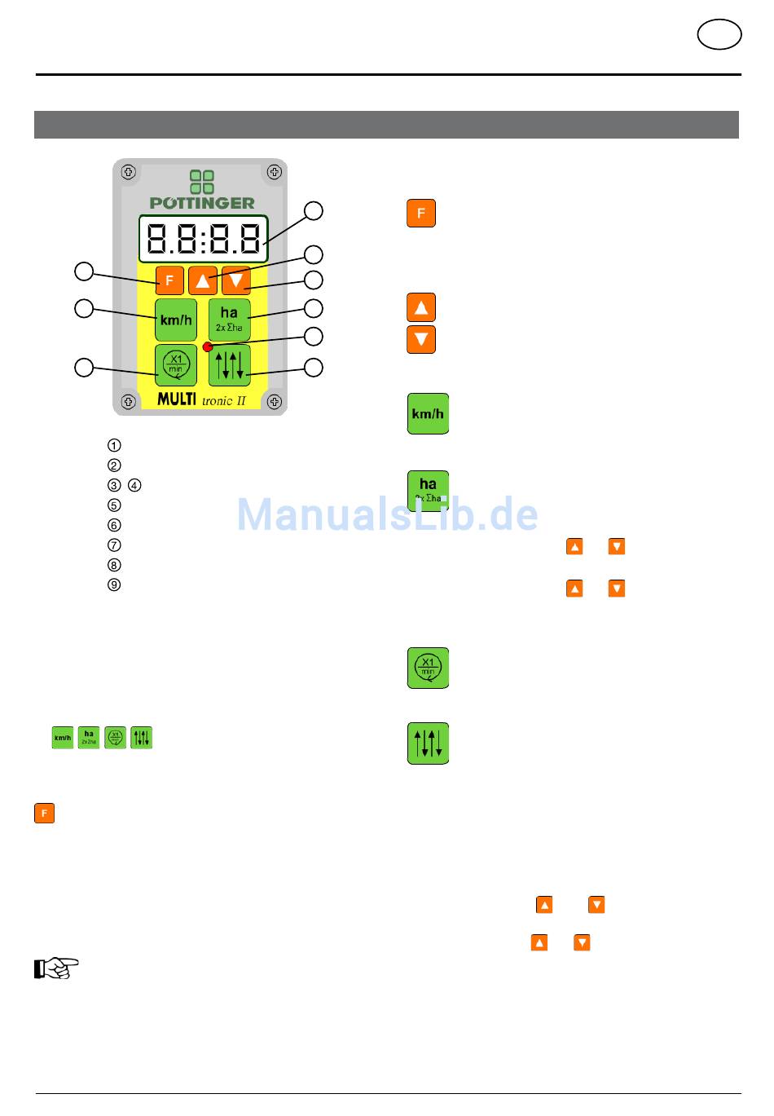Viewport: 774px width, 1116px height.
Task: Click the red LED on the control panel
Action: [x=208, y=346]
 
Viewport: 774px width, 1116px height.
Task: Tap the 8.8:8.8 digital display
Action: [x=204, y=238]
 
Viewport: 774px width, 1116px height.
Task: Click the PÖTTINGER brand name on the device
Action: [x=202, y=203]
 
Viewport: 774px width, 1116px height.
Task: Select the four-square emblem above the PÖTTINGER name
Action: [x=202, y=182]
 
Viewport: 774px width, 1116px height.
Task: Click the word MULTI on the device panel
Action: [x=177, y=400]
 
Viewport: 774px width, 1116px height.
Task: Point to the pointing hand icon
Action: [x=56, y=968]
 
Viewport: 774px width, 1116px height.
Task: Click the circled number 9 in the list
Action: [x=114, y=584]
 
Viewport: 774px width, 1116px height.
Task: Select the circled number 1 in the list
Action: [x=114, y=445]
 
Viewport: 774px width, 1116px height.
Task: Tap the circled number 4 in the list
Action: [x=134, y=485]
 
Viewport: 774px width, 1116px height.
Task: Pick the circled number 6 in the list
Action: [x=114, y=525]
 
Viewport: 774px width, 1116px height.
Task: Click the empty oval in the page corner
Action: [x=719, y=35]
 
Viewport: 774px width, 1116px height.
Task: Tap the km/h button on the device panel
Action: [x=176, y=320]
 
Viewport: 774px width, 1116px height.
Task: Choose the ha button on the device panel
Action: [x=229, y=319]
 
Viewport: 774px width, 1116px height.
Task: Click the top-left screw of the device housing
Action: [x=128, y=172]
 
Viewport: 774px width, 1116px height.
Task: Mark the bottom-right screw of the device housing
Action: [x=275, y=402]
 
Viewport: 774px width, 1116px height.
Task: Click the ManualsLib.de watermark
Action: [x=388, y=514]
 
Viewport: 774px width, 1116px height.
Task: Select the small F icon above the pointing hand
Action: [x=44, y=813]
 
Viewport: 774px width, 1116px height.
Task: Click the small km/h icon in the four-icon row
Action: [x=63, y=738]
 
